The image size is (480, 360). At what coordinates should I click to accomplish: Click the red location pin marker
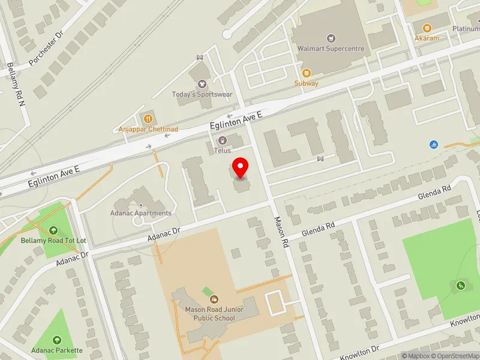tap(241, 167)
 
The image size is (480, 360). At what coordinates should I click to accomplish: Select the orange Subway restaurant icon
tap(306, 73)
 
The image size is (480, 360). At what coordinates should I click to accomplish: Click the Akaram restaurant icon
tap(427, 28)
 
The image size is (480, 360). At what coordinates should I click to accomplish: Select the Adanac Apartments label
tap(141, 213)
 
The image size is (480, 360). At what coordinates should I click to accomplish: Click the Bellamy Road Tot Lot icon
tap(54, 230)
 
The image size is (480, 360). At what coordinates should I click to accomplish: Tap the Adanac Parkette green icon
tap(58, 340)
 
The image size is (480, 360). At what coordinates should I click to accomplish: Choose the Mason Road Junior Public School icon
tap(214, 299)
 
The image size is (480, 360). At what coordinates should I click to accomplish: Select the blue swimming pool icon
tap(433, 145)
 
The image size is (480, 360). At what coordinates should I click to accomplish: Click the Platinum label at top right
tap(466, 28)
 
